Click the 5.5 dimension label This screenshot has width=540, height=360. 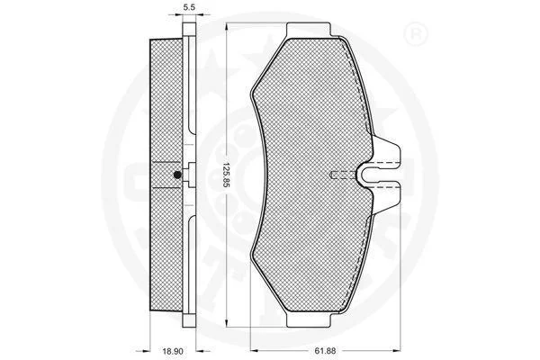point(189,7)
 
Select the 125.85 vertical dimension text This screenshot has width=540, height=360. point(226,175)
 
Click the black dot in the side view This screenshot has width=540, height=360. point(177,175)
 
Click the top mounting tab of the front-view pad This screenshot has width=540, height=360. point(309,31)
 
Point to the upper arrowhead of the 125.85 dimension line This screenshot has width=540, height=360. point(226,28)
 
